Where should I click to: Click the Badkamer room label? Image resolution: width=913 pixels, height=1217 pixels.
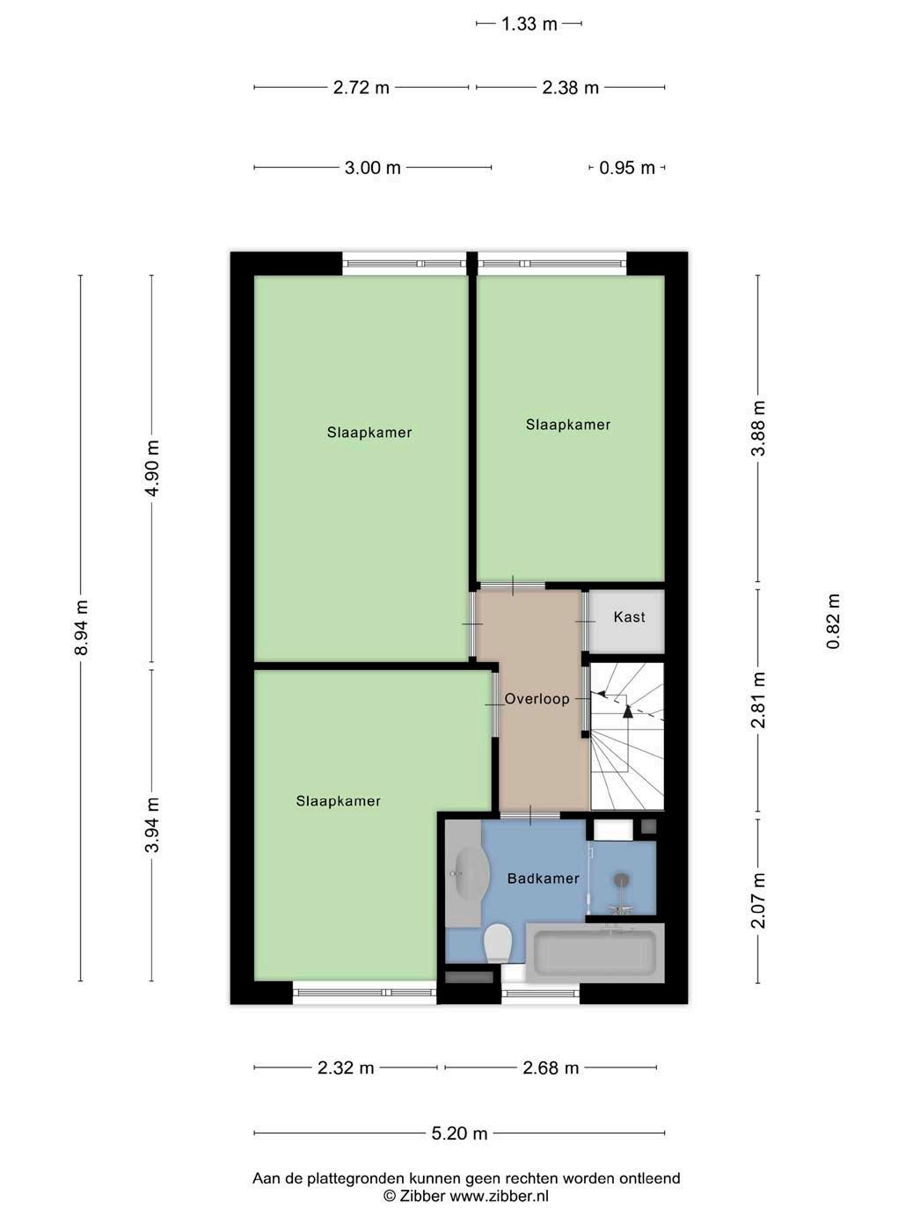[543, 878]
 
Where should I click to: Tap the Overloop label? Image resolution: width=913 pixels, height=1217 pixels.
[537, 698]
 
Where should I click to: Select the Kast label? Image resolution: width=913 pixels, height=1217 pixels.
[629, 617]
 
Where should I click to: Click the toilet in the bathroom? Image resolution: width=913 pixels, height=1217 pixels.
[498, 943]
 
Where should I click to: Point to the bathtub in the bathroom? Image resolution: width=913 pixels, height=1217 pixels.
[595, 952]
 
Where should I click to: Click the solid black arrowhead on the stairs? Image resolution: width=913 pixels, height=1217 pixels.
[627, 712]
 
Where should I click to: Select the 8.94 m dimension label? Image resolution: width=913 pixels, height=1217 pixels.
[82, 628]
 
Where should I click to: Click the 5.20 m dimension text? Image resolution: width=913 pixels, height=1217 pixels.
[459, 1133]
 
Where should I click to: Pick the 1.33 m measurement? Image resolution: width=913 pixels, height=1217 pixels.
[529, 24]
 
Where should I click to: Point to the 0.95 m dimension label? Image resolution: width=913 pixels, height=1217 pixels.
[627, 167]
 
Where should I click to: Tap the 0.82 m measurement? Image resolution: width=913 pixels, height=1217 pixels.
[833, 621]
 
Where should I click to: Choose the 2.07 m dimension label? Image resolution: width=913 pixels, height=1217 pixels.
[758, 900]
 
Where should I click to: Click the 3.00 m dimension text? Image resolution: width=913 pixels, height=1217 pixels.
[373, 167]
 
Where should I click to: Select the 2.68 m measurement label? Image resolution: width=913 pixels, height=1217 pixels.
[551, 1068]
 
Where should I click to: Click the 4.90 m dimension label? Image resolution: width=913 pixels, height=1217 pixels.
[152, 468]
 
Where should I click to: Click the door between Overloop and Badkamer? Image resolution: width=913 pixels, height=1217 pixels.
[530, 815]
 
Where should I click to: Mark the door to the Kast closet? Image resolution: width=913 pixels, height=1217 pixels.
[585, 621]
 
